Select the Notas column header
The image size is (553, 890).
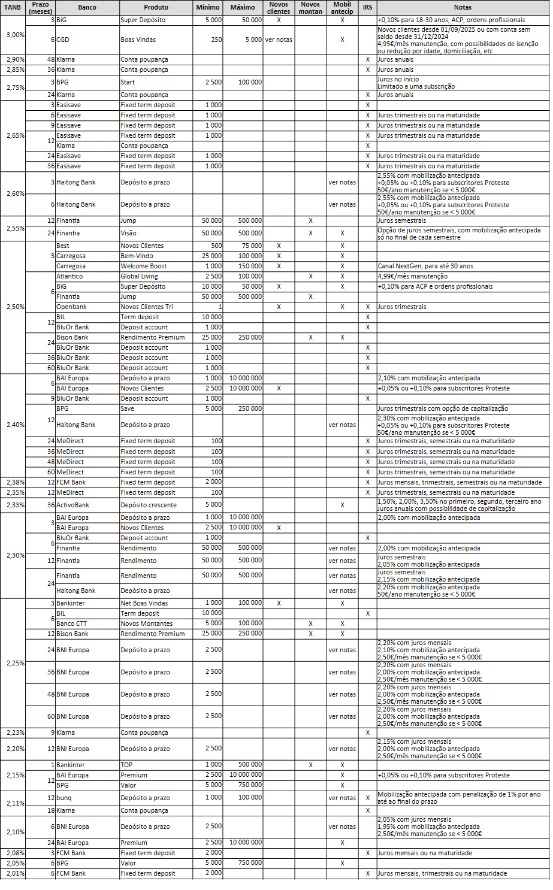(x=463, y=8)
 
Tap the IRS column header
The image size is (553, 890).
(x=367, y=8)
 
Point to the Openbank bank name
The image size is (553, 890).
(x=71, y=307)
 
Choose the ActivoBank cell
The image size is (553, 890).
(x=72, y=505)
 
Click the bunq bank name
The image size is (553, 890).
(x=64, y=798)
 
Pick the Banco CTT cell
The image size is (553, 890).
(x=71, y=623)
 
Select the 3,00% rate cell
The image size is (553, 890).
(x=16, y=35)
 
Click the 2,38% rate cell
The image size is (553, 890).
(x=16, y=482)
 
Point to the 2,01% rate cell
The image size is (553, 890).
(x=16, y=873)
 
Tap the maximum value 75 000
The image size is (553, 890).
(x=252, y=246)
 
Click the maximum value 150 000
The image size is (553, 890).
(x=250, y=266)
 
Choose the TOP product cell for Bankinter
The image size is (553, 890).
(x=126, y=765)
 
